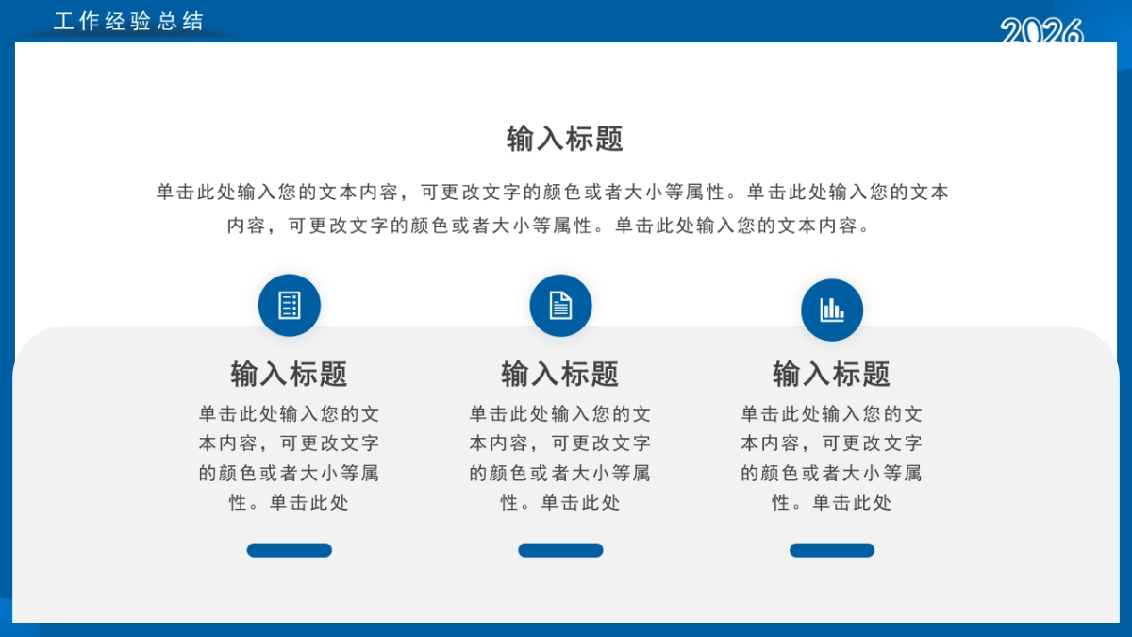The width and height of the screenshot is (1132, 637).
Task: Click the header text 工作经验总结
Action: [128, 22]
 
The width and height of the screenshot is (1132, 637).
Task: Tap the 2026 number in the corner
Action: [1041, 32]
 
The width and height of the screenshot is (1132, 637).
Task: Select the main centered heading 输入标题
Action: [565, 140]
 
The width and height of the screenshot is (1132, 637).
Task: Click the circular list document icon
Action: [290, 306]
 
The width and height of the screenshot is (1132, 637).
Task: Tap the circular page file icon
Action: [560, 306]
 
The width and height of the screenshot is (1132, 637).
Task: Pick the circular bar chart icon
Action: [832, 310]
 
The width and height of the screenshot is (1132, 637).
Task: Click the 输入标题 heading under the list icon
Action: [290, 374]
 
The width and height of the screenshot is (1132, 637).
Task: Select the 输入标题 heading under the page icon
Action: [560, 374]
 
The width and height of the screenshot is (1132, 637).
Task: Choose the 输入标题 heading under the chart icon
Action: [832, 374]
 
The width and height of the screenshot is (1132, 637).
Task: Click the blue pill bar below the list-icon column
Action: [290, 550]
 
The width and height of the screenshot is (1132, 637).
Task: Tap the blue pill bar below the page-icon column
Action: [560, 550]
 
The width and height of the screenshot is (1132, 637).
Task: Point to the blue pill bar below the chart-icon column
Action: [832, 550]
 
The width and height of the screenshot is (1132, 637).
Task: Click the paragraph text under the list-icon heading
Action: [290, 458]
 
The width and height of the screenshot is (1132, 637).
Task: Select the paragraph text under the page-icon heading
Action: [560, 458]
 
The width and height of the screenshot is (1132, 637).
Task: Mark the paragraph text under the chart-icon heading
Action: [832, 458]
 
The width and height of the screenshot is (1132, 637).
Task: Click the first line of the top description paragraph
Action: [553, 193]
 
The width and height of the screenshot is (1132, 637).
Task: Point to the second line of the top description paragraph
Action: [547, 226]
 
